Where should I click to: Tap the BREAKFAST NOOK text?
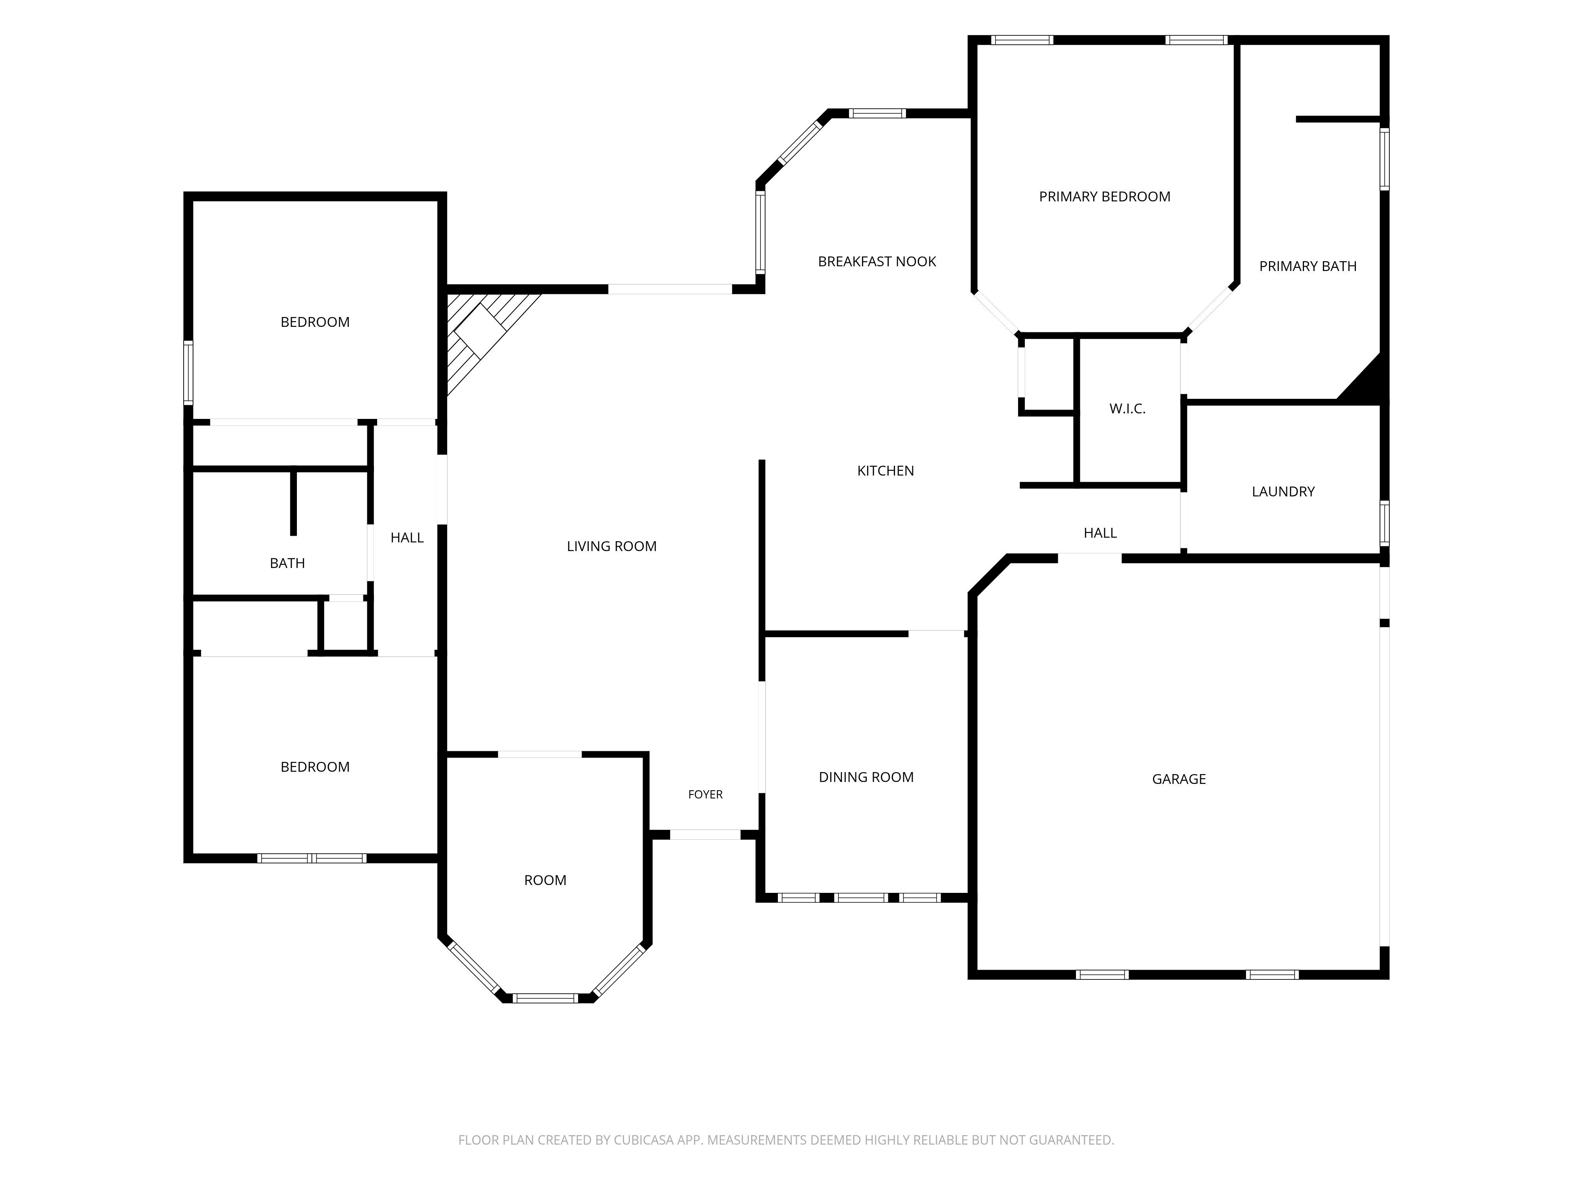pos(877,262)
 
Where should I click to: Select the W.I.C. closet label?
pos(1127,409)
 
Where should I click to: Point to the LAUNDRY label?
pos(1283,492)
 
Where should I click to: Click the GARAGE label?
pos(1178,779)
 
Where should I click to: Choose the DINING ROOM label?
pos(866,777)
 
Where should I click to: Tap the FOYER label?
pos(705,795)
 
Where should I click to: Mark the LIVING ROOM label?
pos(612,546)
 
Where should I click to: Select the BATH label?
pos(287,563)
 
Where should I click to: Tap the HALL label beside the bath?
pos(407,538)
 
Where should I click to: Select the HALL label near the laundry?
pos(1100,533)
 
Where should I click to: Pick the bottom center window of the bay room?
pos(545,998)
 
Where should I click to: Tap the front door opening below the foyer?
pos(705,834)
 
